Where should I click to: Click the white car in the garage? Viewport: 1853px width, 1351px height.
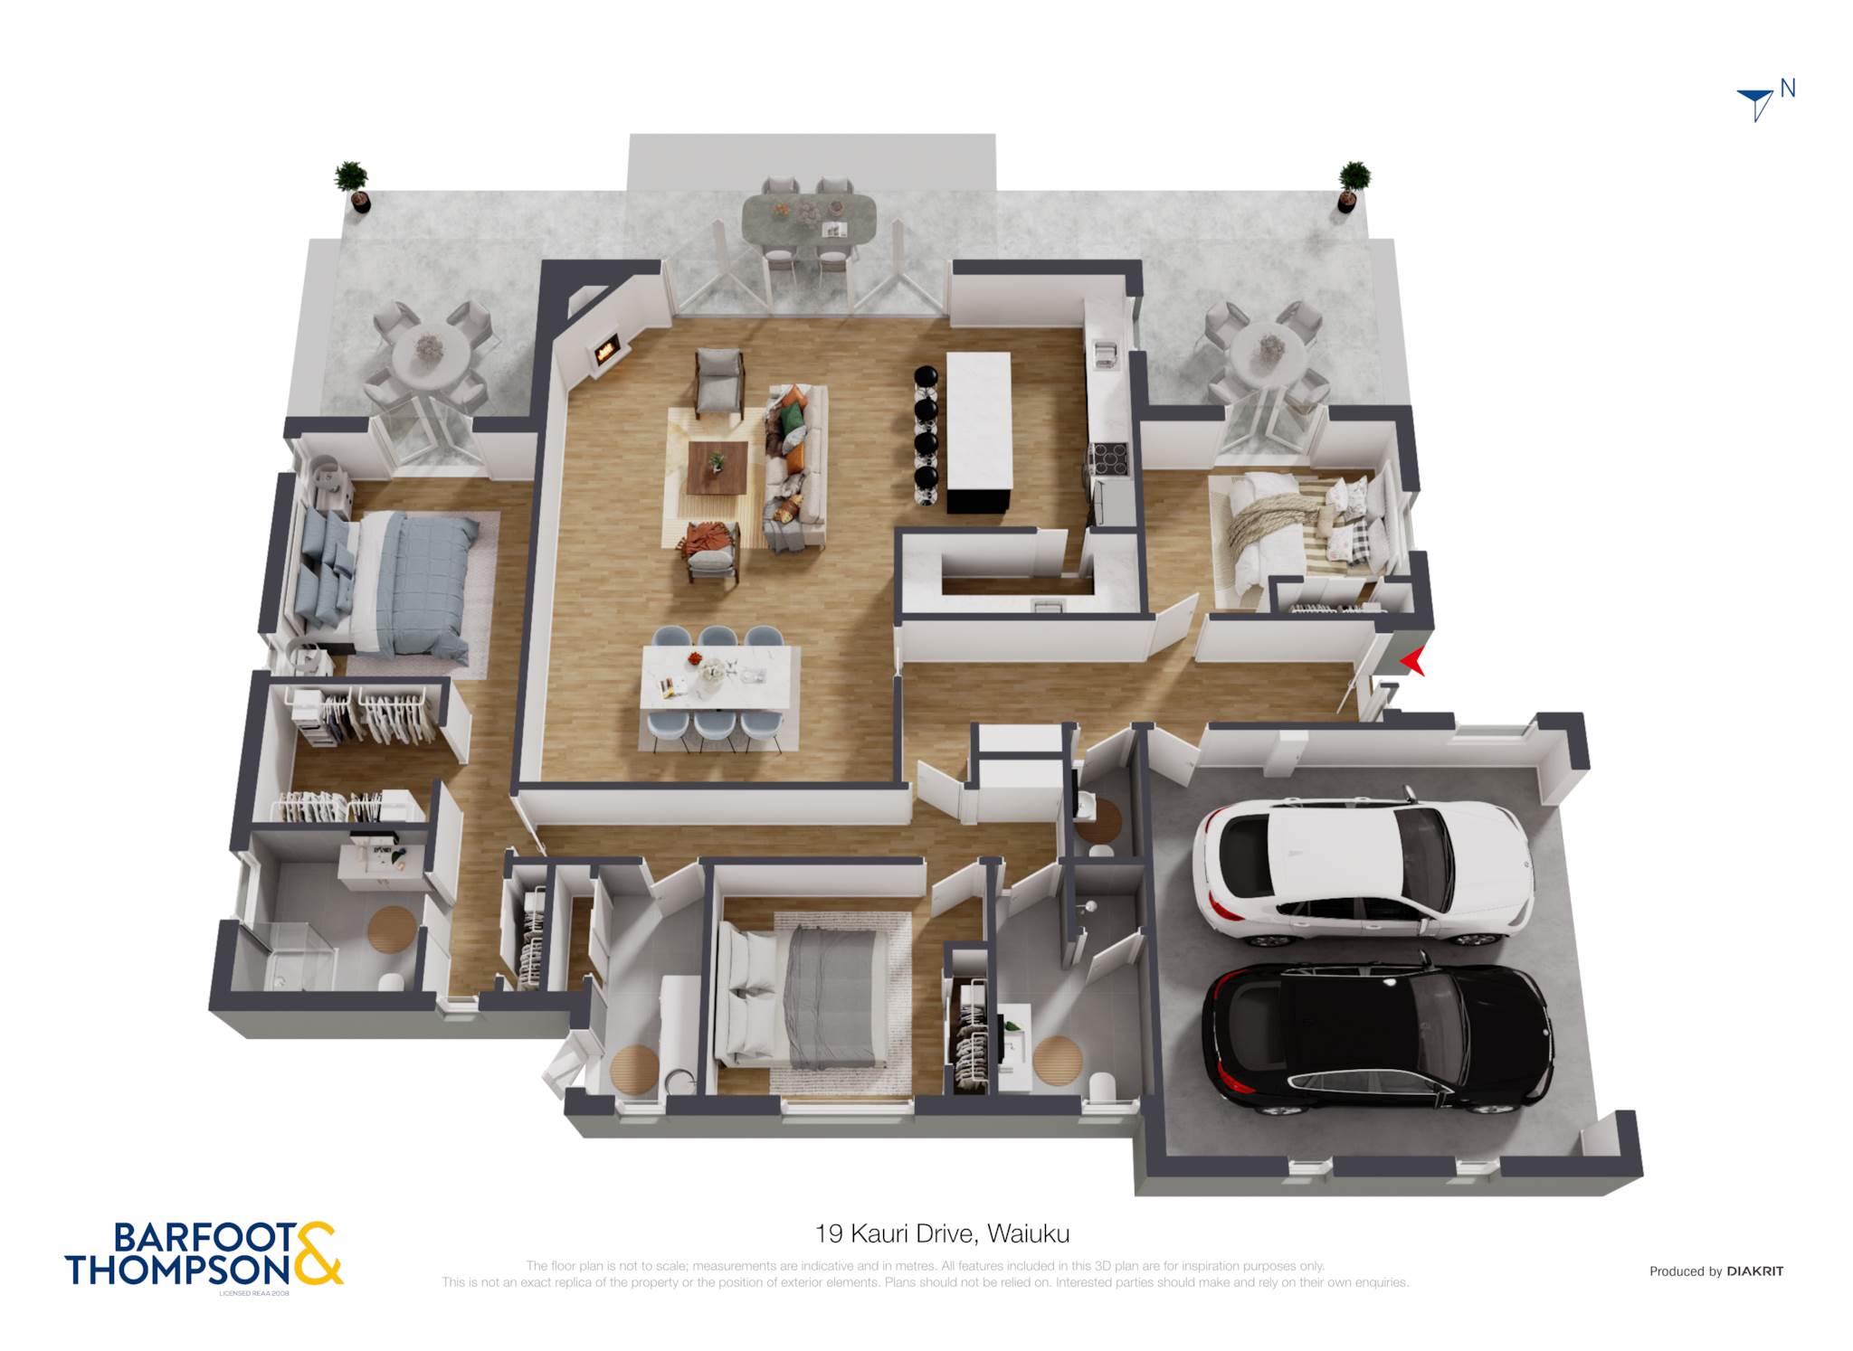tap(1363, 872)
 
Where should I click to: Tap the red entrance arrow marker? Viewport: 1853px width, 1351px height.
tap(1412, 662)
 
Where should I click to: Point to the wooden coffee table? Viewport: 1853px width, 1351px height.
tap(717, 468)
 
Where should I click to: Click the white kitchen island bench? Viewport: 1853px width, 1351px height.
tap(978, 431)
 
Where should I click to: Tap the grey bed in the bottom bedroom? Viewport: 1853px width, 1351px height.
tap(801, 996)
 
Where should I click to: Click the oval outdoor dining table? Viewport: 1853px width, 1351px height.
tap(809, 218)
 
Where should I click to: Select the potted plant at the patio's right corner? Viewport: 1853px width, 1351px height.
tap(1353, 186)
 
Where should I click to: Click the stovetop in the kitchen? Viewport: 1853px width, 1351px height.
tap(1109, 458)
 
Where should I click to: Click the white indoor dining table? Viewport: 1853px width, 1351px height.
tap(720, 678)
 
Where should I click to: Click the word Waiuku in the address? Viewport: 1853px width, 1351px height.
tap(1029, 1233)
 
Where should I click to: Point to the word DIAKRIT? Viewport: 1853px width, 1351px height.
tap(1755, 1271)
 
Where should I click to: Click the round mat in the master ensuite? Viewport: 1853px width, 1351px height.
tap(392, 929)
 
